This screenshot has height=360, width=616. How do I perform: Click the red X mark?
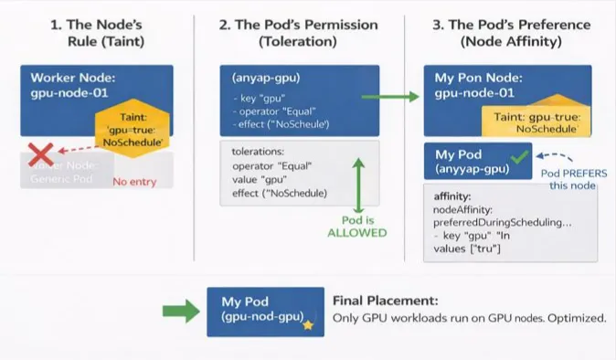[40, 155]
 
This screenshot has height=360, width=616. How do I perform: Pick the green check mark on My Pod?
[520, 158]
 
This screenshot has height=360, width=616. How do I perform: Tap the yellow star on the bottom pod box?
[309, 324]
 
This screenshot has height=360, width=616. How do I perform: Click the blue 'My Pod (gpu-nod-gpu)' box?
[265, 311]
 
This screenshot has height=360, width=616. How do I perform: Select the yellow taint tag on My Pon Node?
[536, 122]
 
